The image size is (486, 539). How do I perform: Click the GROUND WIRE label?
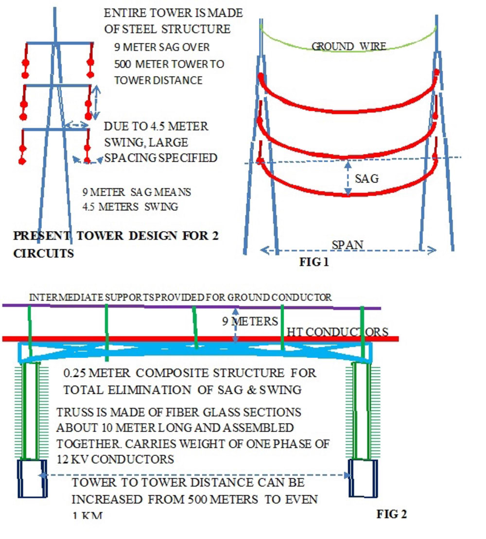point(348,47)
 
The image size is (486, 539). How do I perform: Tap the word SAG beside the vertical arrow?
point(366,179)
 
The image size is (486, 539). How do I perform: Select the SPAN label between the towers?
point(347,245)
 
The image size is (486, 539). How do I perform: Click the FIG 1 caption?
point(318,263)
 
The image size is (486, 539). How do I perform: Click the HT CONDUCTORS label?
point(337,332)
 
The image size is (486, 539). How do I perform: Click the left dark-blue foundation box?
point(33,478)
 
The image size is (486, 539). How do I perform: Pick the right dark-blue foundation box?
point(364,478)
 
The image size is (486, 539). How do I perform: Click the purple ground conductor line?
point(146,306)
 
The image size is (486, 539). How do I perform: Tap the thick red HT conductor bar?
point(146,338)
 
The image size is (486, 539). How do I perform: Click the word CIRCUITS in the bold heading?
point(43,253)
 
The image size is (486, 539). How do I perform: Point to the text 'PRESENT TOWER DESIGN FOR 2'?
point(116,236)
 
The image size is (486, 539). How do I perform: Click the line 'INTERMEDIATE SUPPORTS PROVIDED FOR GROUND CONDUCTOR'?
point(180,297)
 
